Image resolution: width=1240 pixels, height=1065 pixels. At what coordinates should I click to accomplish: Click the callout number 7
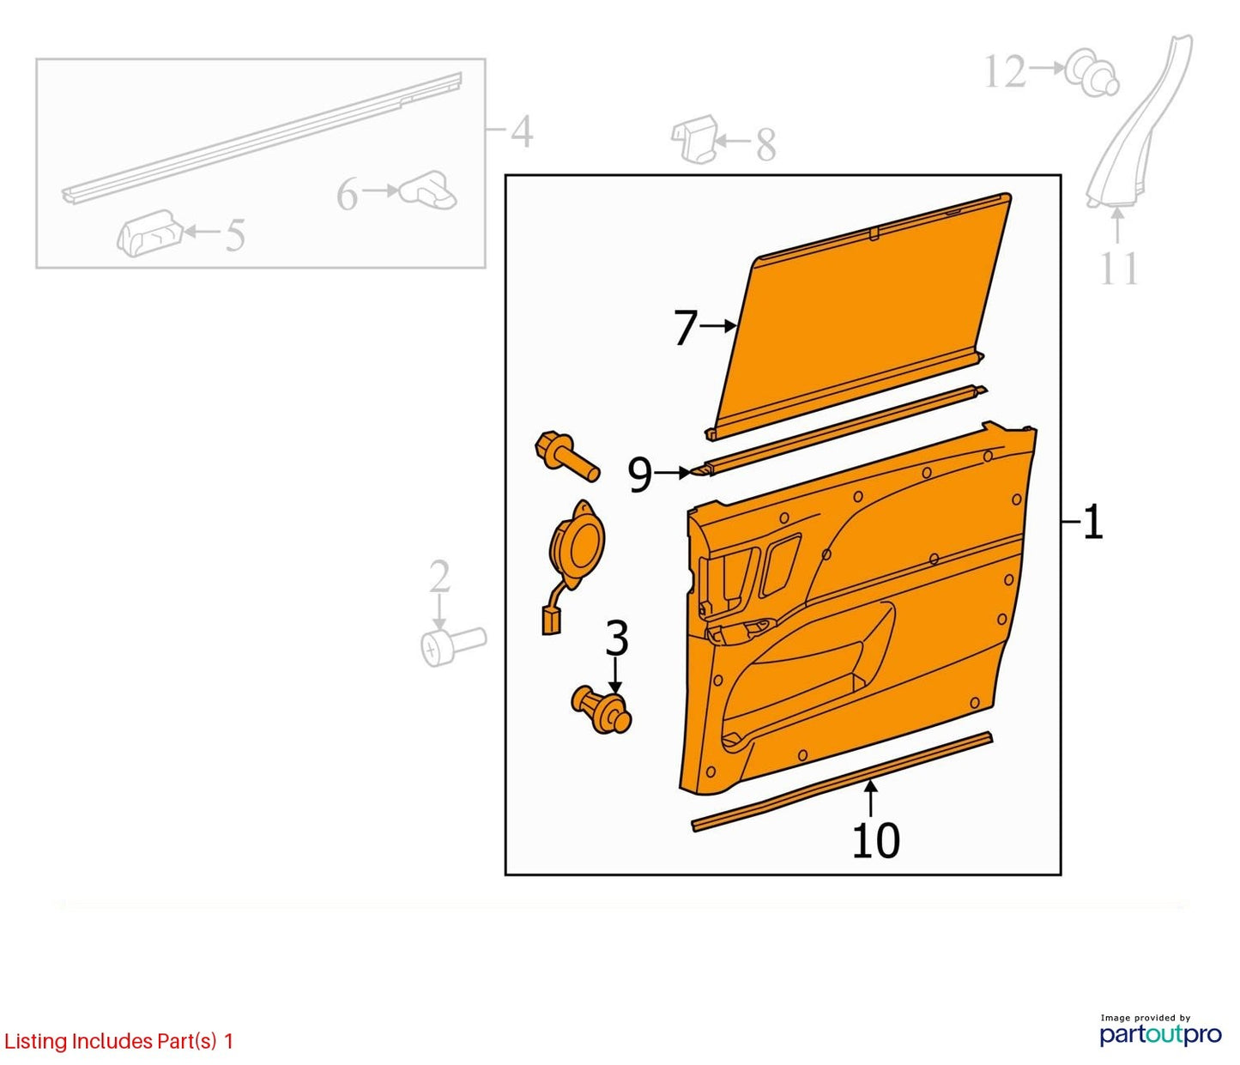686,328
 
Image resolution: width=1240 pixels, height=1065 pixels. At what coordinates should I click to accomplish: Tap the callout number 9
640,475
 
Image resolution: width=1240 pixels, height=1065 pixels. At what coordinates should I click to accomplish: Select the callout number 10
876,841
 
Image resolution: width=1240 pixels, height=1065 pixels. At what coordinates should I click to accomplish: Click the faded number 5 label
234,234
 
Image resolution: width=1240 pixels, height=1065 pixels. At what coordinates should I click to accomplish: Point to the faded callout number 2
439,576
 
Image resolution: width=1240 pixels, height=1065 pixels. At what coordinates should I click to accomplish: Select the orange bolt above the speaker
566,456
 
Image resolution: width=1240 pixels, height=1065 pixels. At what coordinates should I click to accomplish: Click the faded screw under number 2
453,645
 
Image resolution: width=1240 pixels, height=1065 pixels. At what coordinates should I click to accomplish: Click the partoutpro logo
1160,1033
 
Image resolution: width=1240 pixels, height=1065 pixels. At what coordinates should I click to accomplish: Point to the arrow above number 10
870,799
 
